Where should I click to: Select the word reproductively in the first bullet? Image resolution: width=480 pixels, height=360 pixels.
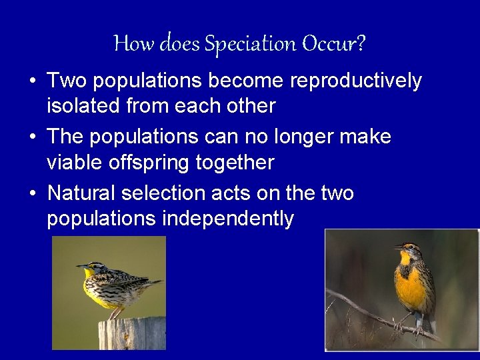(x=357, y=81)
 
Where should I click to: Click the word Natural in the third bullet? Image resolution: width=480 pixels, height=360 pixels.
(x=81, y=193)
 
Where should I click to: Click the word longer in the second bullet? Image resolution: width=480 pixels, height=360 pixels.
(x=303, y=137)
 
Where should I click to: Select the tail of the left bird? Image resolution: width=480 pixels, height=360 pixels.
(x=152, y=285)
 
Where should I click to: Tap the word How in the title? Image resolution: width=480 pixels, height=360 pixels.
(x=127, y=45)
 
